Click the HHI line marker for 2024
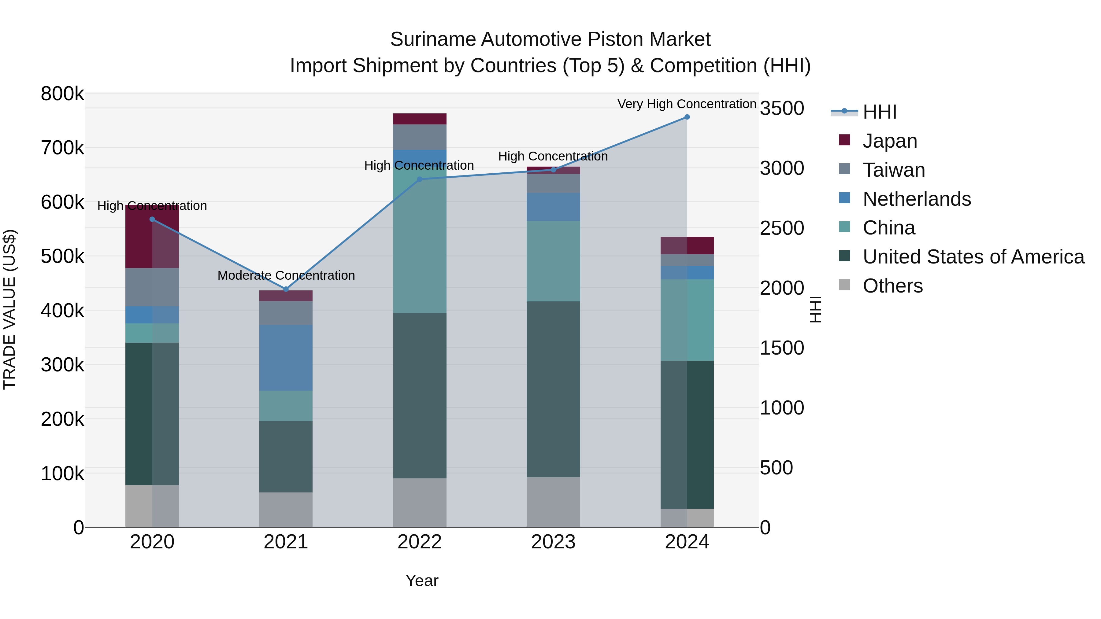click(687, 117)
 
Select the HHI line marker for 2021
click(286, 289)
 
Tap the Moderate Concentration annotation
click(286, 275)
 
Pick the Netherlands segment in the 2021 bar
click(286, 358)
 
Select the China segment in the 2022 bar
click(419, 239)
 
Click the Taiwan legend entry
click(893, 170)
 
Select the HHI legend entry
click(879, 112)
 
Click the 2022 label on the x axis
click(419, 542)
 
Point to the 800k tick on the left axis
click(62, 94)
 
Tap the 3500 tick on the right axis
click(782, 108)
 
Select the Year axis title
click(421, 580)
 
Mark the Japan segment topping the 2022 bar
click(419, 119)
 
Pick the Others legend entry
click(892, 286)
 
